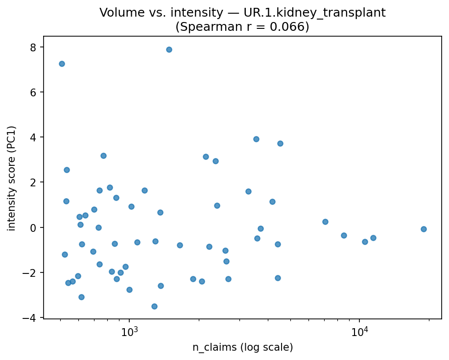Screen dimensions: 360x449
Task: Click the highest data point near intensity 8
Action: [169, 49]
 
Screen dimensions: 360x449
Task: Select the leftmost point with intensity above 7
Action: [62, 64]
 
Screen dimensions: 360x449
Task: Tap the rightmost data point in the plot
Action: [424, 229]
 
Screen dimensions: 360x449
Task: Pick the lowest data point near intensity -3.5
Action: [154, 306]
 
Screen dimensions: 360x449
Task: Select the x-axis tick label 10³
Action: [129, 331]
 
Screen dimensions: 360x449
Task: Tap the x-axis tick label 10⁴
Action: [359, 331]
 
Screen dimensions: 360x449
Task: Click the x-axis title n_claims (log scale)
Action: [242, 348]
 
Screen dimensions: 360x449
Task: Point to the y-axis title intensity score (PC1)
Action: [12, 178]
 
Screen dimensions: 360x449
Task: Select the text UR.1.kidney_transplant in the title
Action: [329, 13]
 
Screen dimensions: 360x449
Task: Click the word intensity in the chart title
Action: [189, 13]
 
